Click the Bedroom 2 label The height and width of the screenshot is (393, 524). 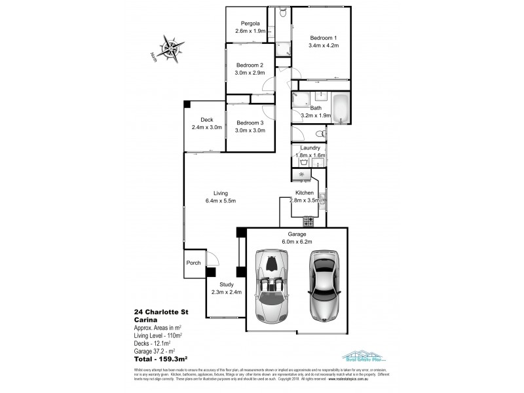250,65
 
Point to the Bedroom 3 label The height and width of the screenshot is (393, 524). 250,122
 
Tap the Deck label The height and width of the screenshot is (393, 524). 207,119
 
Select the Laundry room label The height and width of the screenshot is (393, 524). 310,148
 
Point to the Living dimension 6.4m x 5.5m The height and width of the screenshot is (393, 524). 220,200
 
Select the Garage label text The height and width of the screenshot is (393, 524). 297,234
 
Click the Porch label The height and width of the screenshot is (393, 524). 193,263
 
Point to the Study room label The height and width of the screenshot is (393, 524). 227,284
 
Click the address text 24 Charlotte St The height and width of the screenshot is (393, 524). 161,312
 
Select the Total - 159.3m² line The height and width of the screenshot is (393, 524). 161,358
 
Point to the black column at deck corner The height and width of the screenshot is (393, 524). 187,103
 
